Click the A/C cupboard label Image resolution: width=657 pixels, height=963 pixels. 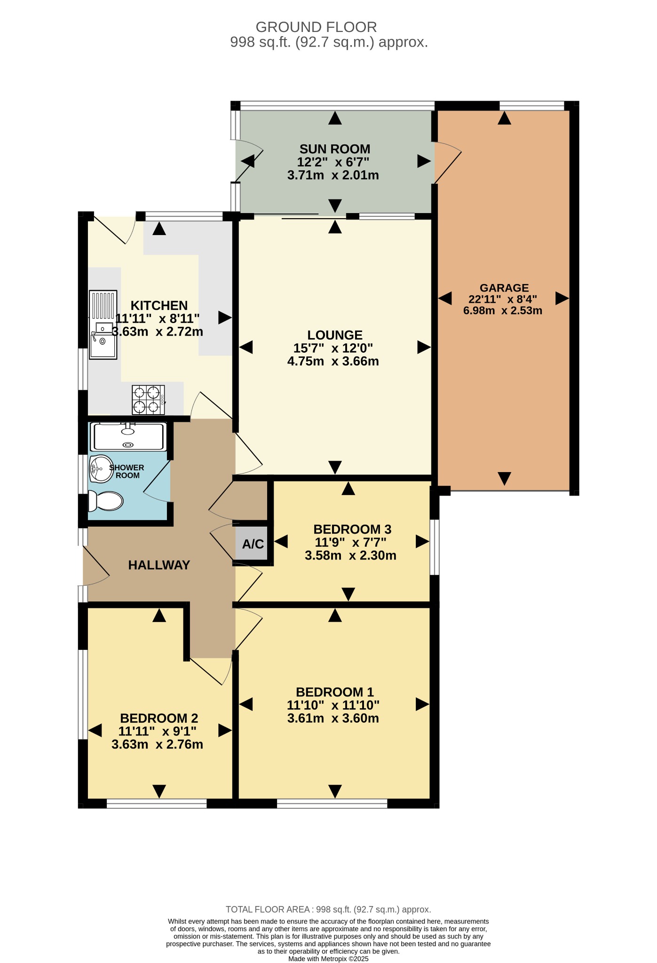coord(253,544)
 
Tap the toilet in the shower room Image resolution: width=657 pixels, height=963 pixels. coord(106,501)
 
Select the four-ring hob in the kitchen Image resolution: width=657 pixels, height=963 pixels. coord(149,400)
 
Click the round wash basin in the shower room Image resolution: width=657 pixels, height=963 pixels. coord(101,469)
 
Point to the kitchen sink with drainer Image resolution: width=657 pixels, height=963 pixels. coord(103,325)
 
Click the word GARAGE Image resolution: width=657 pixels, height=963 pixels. coord(504,288)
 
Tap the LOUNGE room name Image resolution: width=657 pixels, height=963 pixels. coord(335,335)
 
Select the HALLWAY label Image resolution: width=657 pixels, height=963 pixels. coord(159,565)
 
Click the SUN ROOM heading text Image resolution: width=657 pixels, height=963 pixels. coord(335,149)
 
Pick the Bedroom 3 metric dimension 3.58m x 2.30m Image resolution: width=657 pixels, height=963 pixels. coord(350,556)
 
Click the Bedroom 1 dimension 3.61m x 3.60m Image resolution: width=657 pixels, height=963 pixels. coord(333,718)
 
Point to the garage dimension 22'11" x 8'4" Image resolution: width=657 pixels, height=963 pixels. coord(503,299)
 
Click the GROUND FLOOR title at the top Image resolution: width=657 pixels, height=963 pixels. coord(316,27)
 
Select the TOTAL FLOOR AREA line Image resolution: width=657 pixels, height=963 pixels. coord(328,909)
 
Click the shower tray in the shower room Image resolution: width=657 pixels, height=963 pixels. coord(128,436)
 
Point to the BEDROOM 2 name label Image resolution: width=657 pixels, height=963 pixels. coord(159,718)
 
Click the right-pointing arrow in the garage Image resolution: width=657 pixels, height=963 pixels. coord(562,298)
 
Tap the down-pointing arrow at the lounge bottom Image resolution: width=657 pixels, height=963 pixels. coord(335,467)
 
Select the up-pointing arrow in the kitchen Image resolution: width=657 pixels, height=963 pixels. coord(159,229)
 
